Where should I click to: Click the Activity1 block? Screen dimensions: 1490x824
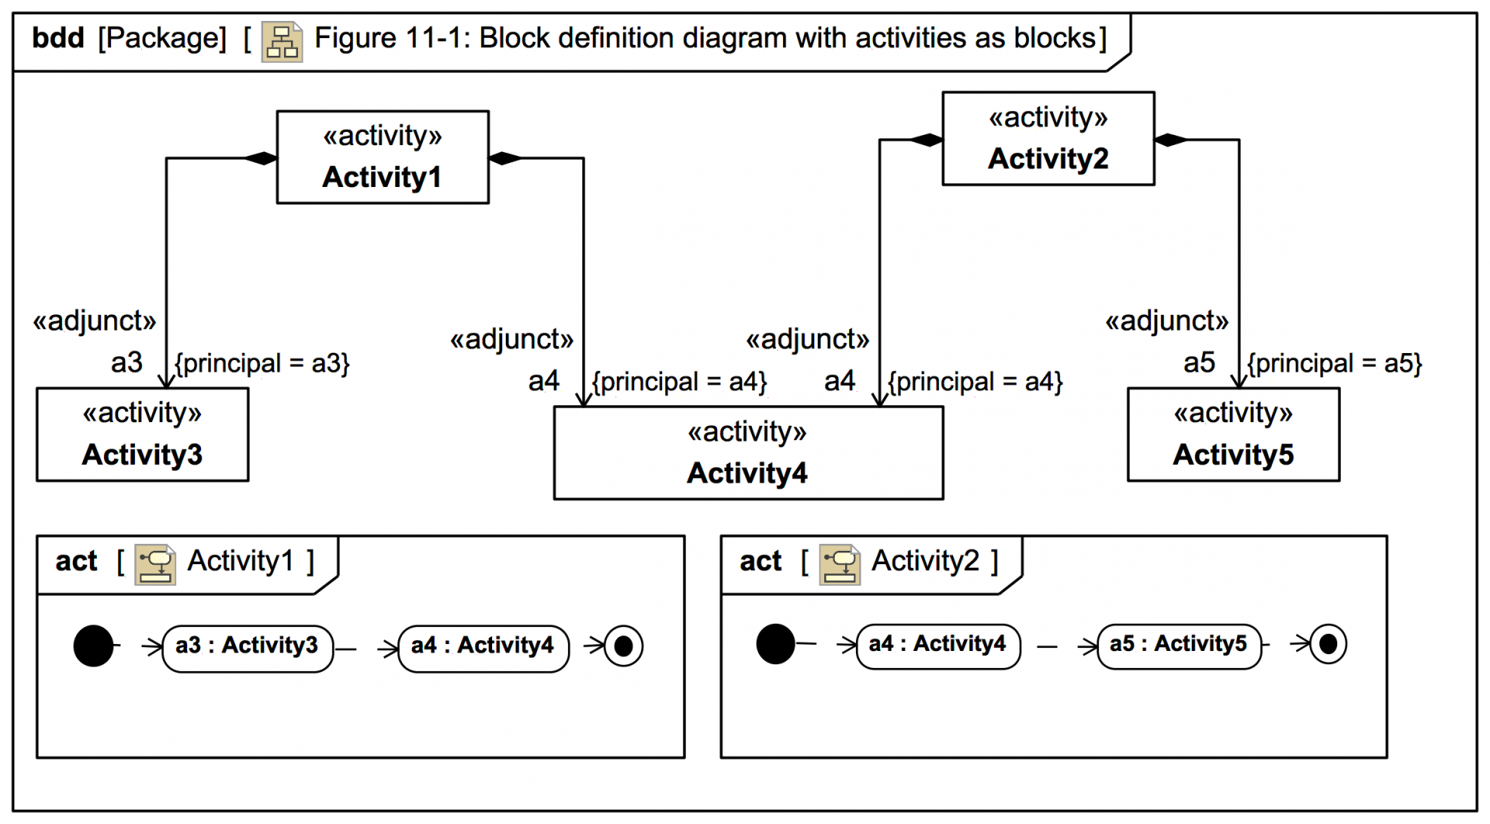pyautogui.click(x=383, y=157)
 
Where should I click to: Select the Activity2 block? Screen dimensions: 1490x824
pyautogui.click(x=1048, y=138)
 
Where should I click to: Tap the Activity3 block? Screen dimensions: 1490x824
pyautogui.click(x=143, y=435)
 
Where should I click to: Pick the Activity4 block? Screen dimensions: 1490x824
pyautogui.click(x=749, y=453)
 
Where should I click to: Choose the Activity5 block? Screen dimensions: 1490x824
pyautogui.click(x=1233, y=435)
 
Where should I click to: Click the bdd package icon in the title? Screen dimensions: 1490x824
pyautogui.click(x=282, y=41)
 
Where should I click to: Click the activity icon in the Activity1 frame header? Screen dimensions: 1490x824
pyautogui.click(x=155, y=564)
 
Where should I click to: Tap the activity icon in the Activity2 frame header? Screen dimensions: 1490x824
pyautogui.click(x=840, y=564)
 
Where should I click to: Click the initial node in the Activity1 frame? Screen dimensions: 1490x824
pyautogui.click(x=93, y=646)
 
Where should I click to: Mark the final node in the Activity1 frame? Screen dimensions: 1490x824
pyautogui.click(x=623, y=646)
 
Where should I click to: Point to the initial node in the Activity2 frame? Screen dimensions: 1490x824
pyautogui.click(x=775, y=644)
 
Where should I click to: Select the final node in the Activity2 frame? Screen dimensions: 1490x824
pyautogui.click(x=1328, y=644)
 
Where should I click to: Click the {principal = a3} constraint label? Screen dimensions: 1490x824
pyautogui.click(x=262, y=363)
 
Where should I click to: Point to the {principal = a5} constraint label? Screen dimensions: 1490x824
pyautogui.click(x=1335, y=363)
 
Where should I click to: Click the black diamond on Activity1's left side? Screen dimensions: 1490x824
pyautogui.click(x=261, y=158)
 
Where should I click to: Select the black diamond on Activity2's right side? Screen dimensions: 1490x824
pyautogui.click(x=1171, y=140)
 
